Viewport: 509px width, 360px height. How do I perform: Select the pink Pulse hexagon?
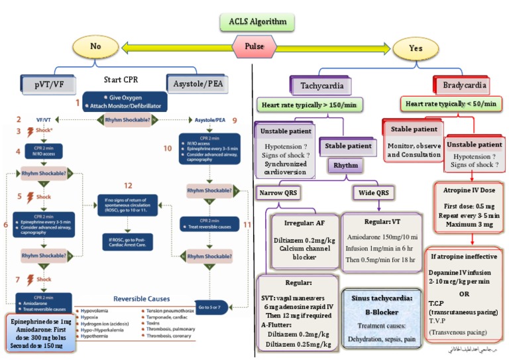(x=254, y=48)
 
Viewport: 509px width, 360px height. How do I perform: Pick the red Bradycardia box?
(x=466, y=85)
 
